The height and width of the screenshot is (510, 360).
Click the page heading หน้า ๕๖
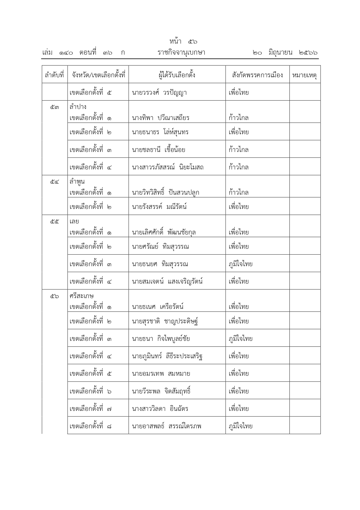pyautogui.click(x=183, y=42)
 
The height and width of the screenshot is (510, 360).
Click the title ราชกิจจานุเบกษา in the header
pyautogui.click(x=181, y=53)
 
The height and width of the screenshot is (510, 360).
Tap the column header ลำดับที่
pyautogui.click(x=54, y=75)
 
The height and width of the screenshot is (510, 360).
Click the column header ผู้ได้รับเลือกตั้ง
pyautogui.click(x=177, y=75)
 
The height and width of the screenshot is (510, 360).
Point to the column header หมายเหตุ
pyautogui.click(x=305, y=75)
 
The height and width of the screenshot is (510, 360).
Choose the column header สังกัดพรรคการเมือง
pyautogui.click(x=257, y=75)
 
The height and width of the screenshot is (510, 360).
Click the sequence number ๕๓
pyautogui.click(x=54, y=107)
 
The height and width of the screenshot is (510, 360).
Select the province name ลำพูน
pyautogui.click(x=77, y=182)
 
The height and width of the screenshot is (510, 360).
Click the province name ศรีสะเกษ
pyautogui.click(x=82, y=296)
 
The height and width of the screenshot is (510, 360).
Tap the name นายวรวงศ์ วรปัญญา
pyautogui.click(x=159, y=93)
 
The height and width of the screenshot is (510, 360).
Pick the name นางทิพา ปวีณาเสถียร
pyautogui.click(x=160, y=118)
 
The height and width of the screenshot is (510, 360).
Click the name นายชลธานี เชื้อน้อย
pyautogui.click(x=158, y=150)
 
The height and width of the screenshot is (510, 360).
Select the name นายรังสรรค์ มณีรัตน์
pyautogui.click(x=159, y=207)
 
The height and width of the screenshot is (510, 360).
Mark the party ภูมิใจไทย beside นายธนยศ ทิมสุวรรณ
pyautogui.click(x=240, y=264)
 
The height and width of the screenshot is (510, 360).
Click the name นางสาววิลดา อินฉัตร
pyautogui.click(x=160, y=409)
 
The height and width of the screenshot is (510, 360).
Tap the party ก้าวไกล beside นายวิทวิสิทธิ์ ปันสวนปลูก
pyautogui.click(x=238, y=192)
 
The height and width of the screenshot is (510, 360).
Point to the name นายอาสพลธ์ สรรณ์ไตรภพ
pyautogui.click(x=166, y=426)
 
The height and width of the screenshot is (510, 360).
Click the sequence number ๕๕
pyautogui.click(x=54, y=221)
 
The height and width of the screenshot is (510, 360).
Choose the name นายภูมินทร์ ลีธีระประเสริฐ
pyautogui.click(x=167, y=356)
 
